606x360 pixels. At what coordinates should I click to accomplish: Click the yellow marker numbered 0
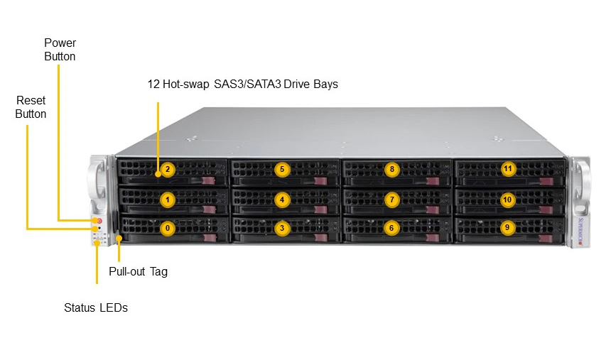point(168,228)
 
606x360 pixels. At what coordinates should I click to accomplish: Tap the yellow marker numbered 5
point(282,169)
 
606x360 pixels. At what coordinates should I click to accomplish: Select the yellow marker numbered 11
point(508,168)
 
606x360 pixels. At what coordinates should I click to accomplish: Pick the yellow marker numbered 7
point(392,200)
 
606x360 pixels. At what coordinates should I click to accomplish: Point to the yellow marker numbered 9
point(507,227)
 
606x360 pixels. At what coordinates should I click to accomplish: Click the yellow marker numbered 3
point(282,228)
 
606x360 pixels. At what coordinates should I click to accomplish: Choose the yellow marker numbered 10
point(507,200)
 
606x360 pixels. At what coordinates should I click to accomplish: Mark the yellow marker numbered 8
point(392,169)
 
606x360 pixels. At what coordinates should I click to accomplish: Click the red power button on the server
point(99,221)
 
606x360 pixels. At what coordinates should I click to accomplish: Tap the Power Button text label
point(60,50)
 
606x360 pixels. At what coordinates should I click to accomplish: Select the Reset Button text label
point(31,107)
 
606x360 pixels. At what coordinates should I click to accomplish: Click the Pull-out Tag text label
point(138,271)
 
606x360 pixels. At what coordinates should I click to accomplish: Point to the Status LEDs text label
point(96,308)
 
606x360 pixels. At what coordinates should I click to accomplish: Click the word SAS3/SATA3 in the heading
point(247,84)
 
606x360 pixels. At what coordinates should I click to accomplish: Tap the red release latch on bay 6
point(433,238)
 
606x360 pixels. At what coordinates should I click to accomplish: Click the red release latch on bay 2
point(208,181)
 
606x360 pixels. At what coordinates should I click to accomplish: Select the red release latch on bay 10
point(546,209)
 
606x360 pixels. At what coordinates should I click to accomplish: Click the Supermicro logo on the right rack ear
point(580,231)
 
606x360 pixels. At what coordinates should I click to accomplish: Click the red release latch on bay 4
point(320,209)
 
